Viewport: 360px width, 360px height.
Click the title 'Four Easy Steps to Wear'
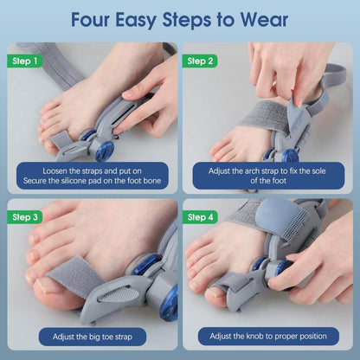(x=180, y=20)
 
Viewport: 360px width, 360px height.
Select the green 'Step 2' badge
(x=201, y=61)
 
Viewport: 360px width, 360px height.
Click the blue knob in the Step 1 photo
(x=106, y=151)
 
